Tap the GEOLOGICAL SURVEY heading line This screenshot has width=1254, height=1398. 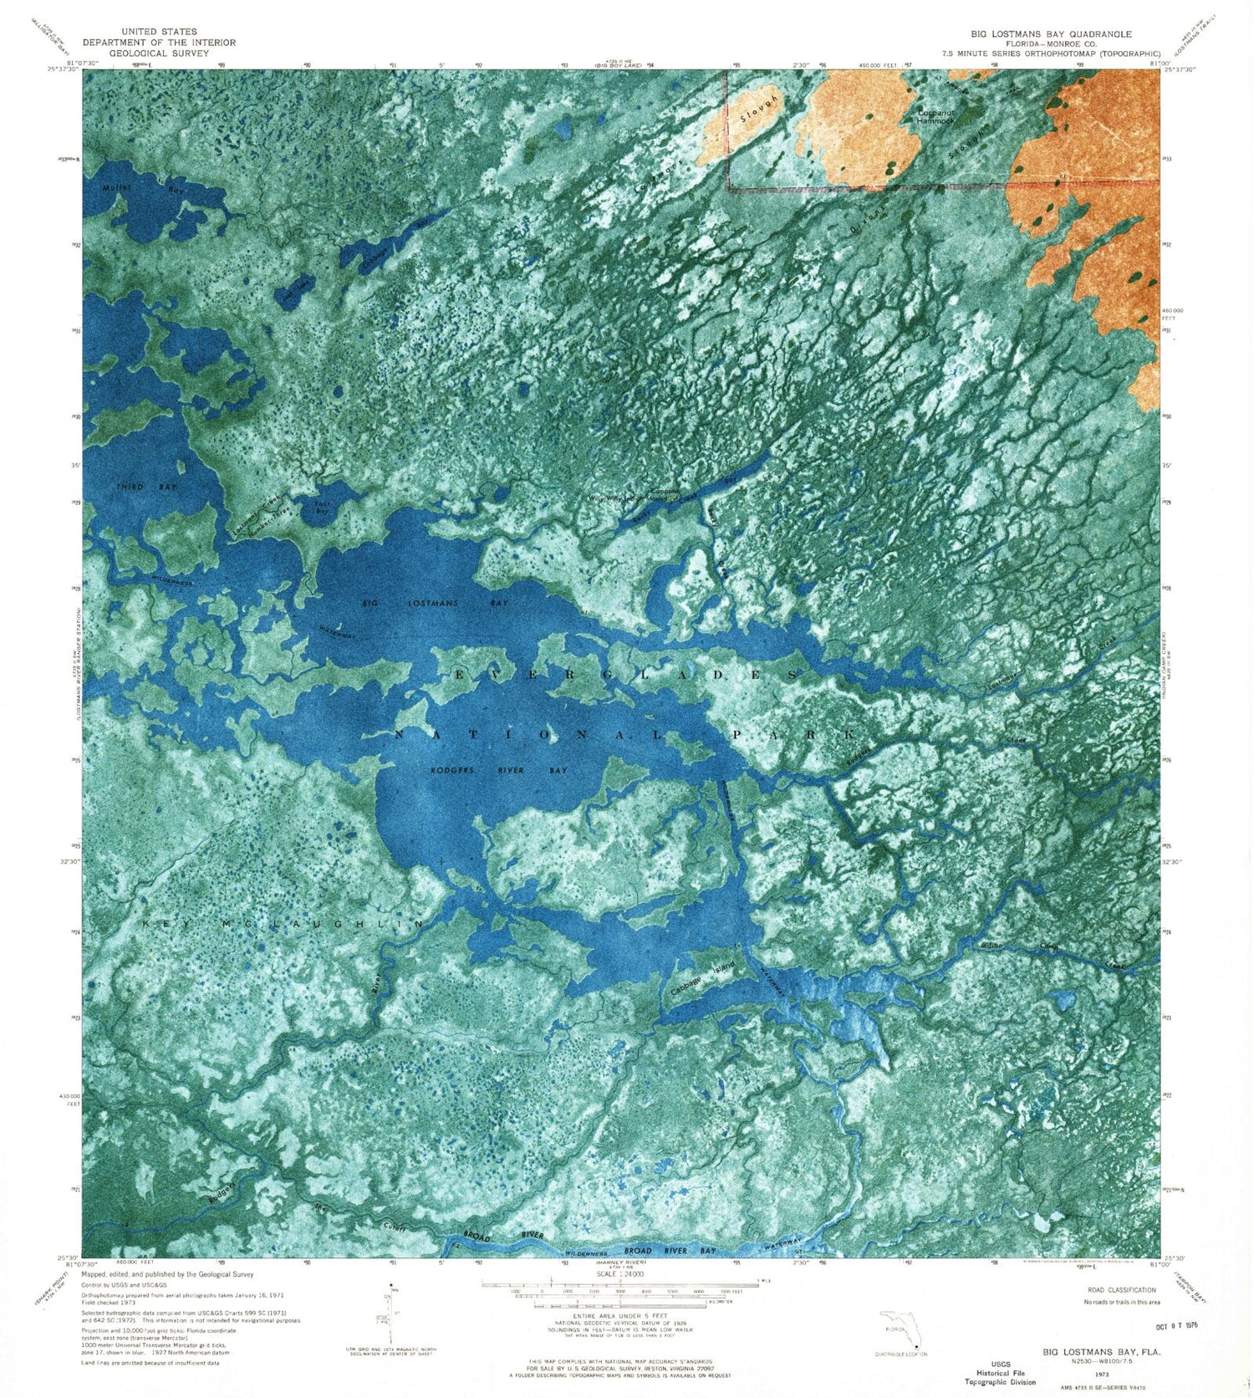click(x=159, y=54)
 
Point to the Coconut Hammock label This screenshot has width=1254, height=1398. click(x=935, y=117)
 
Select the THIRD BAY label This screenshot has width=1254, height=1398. click(x=147, y=487)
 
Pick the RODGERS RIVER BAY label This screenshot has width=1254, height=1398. click(x=498, y=770)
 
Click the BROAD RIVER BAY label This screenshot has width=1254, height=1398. click(x=670, y=1251)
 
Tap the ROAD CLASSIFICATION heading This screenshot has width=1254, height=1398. click(x=1119, y=1290)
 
